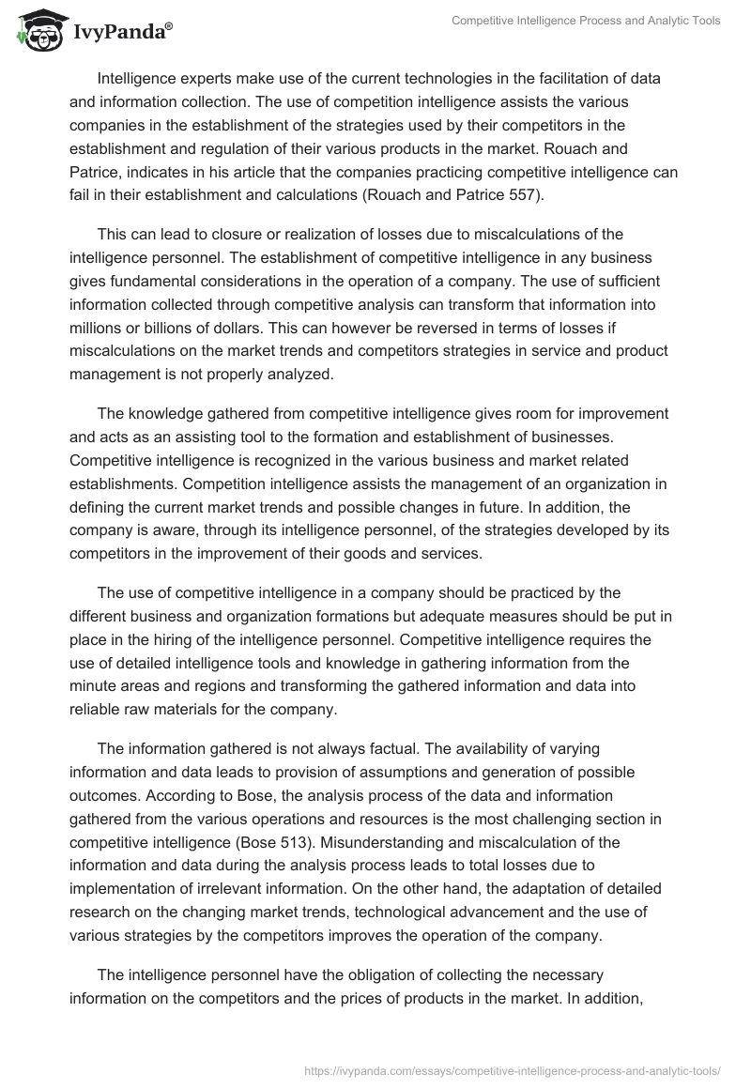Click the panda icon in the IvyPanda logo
pyautogui.click(x=37, y=32)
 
